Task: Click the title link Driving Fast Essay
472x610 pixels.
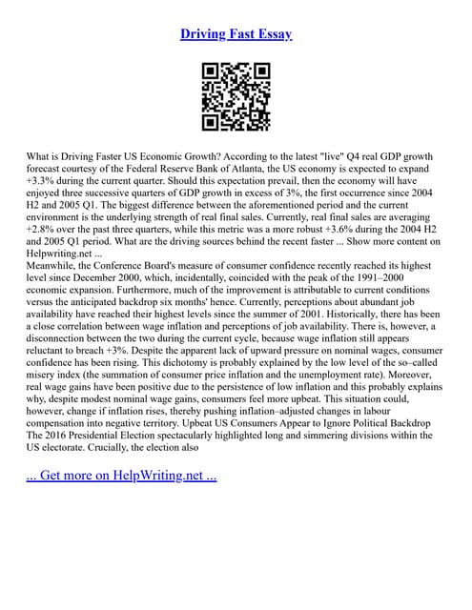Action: pyautogui.click(x=236, y=34)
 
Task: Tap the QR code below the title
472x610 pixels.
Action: pyautogui.click(x=236, y=96)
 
